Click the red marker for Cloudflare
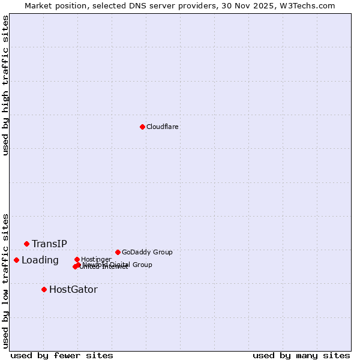[x=142, y=127]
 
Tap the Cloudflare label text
[x=162, y=127]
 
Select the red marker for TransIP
[x=26, y=244]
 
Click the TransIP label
[x=49, y=244]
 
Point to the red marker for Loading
[x=16, y=260]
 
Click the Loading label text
[x=40, y=260]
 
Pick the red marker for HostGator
[x=44, y=289]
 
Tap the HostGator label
[x=73, y=289]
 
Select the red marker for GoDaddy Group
[x=118, y=252]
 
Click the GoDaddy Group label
[x=147, y=252]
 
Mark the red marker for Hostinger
[x=77, y=259]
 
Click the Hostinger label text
[x=96, y=259]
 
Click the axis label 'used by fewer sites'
[x=62, y=355]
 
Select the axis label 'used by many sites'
[x=301, y=355]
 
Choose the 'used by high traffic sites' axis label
[x=5, y=85]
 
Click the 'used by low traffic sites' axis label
[x=5, y=280]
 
